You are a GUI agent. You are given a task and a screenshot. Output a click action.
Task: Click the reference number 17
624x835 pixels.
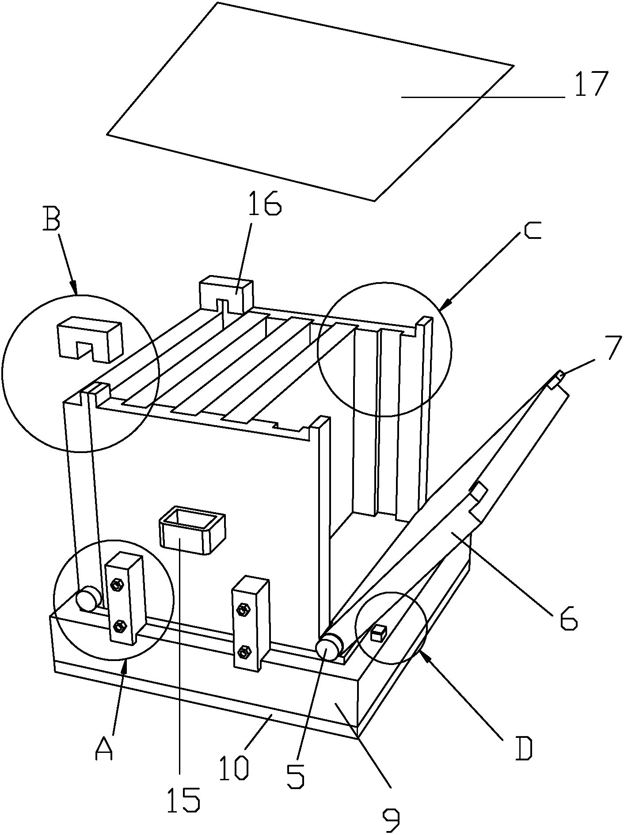(x=591, y=84)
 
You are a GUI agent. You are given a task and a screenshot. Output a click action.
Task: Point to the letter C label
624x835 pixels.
(x=533, y=231)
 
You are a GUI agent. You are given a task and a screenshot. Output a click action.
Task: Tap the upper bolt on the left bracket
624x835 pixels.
(x=118, y=586)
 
